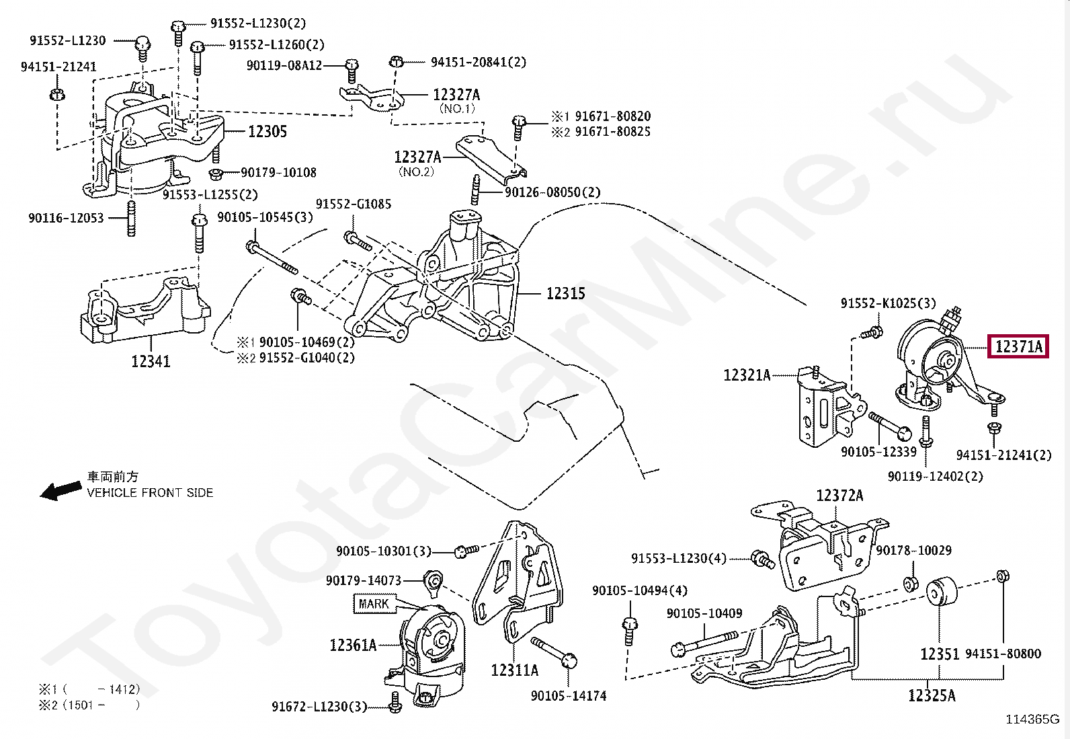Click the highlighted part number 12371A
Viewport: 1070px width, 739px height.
click(1018, 346)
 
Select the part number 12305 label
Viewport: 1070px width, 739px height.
click(267, 131)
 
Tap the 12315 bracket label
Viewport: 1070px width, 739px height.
click(565, 293)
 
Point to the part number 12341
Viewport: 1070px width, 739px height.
click(151, 361)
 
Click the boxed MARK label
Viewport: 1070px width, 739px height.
click(374, 604)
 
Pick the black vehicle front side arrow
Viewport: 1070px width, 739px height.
click(60, 490)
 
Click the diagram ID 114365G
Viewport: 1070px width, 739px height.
click(1032, 719)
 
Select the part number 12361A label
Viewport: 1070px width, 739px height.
click(353, 646)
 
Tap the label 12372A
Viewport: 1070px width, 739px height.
click(839, 496)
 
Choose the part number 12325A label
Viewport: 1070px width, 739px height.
click(932, 695)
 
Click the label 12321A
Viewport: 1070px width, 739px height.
click(747, 375)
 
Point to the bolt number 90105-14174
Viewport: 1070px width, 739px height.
click(569, 695)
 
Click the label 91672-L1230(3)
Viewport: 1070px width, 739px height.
click(319, 707)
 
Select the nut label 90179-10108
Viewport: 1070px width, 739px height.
click(278, 173)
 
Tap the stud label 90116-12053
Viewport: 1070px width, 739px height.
click(66, 218)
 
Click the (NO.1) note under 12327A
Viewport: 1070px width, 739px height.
click(457, 108)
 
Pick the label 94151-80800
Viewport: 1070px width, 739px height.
click(1003, 654)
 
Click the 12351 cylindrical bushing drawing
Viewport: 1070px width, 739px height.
click(942, 592)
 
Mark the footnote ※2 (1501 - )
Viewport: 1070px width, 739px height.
click(89, 705)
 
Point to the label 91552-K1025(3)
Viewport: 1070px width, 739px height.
click(888, 303)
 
